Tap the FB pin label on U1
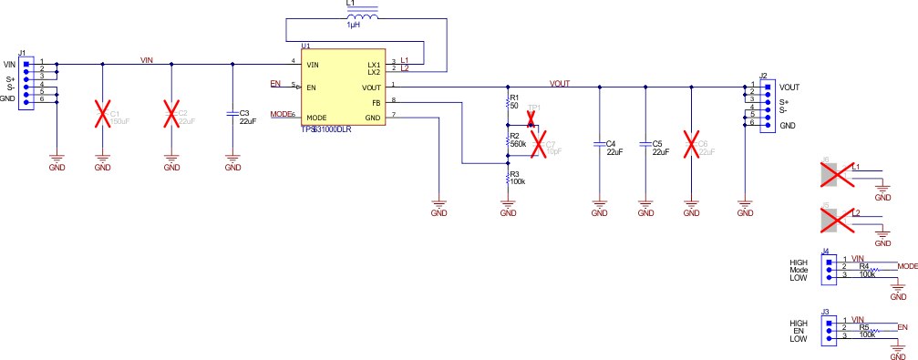tap(375, 103)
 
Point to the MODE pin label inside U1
tap(316, 118)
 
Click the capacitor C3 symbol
tap(233, 115)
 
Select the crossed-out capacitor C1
tap(102, 115)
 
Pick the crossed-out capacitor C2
tap(170, 115)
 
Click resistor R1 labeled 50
tap(508, 102)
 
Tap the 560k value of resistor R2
tap(518, 145)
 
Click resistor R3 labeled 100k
tap(508, 178)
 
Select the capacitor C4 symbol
tap(599, 145)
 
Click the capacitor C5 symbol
tap(645, 145)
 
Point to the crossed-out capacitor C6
tap(692, 145)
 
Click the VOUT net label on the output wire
tap(560, 83)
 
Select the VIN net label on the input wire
tap(147, 59)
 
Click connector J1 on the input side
tap(26, 81)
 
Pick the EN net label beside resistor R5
tap(903, 326)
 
